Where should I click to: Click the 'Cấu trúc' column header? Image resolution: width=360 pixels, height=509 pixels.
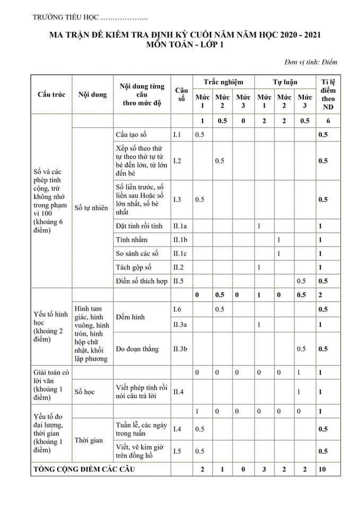point(51,95)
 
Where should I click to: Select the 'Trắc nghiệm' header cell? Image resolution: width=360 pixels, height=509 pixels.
point(223,82)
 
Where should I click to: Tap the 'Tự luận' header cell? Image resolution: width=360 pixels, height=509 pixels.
point(285,82)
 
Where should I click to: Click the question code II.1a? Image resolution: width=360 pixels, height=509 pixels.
point(180,226)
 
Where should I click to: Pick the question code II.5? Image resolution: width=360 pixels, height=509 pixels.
point(179,281)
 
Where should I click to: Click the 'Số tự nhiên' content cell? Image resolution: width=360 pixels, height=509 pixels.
point(91,208)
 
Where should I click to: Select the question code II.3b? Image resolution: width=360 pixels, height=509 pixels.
point(181,349)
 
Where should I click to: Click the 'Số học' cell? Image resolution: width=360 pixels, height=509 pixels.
point(85,392)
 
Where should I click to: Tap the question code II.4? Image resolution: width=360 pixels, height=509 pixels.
point(179,392)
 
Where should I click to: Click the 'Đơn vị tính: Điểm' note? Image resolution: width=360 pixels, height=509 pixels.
point(311,62)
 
